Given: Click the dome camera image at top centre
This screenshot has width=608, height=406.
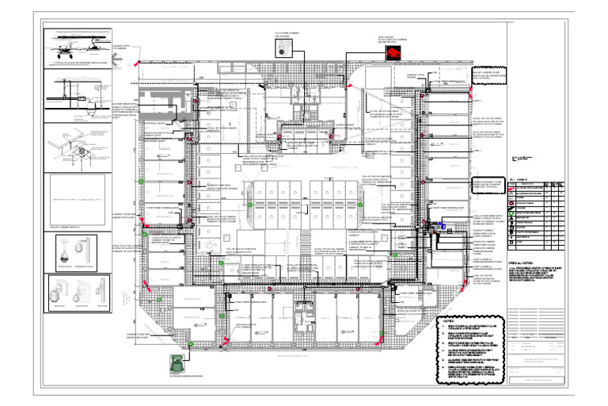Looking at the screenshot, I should coord(283,49).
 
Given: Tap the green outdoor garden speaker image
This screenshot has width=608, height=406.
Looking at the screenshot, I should coord(176,361).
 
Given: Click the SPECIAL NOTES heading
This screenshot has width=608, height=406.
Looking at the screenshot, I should coord(523,262).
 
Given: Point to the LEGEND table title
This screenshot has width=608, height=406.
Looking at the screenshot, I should coord(522,180).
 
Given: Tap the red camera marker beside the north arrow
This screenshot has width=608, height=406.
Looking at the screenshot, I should coord(135,64).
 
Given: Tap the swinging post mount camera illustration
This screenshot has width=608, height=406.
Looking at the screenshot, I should coord(88,251).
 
